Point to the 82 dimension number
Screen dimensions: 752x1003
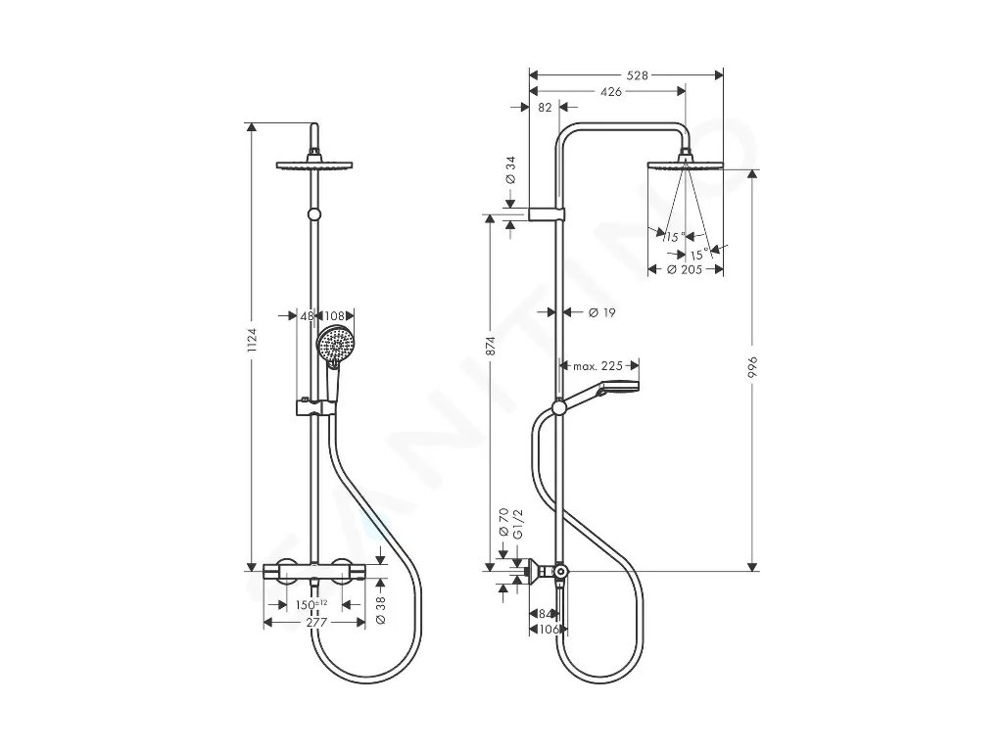point(544,108)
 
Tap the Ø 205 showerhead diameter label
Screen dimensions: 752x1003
point(686,269)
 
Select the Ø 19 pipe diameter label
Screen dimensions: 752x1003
point(600,312)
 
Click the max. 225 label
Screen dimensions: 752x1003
point(598,366)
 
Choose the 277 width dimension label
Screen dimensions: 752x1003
point(314,622)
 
